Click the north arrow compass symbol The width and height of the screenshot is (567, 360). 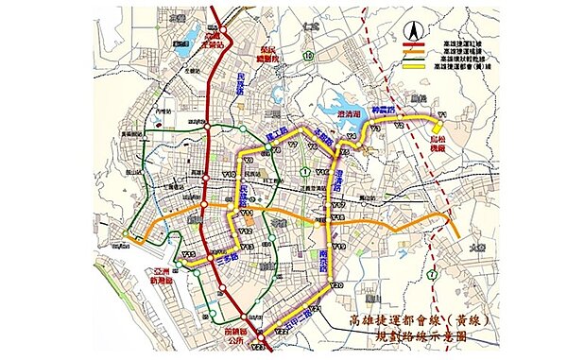coord(412,29)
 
